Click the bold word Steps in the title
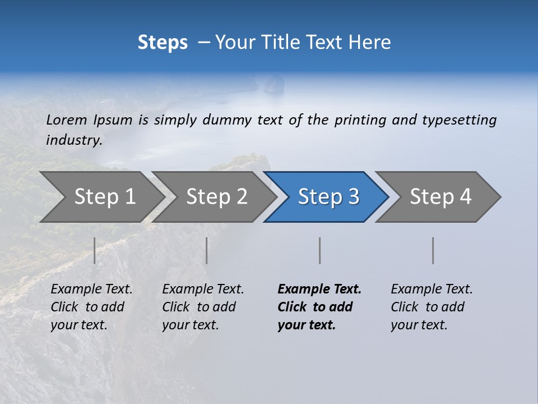pos(163,43)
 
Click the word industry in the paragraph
pos(73,140)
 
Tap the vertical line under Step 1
pos(94,250)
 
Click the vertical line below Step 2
pos(207,250)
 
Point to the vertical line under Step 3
pos(319,250)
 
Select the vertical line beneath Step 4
pos(433,250)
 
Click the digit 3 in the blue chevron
pos(353,196)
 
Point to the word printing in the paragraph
pos(360,120)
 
